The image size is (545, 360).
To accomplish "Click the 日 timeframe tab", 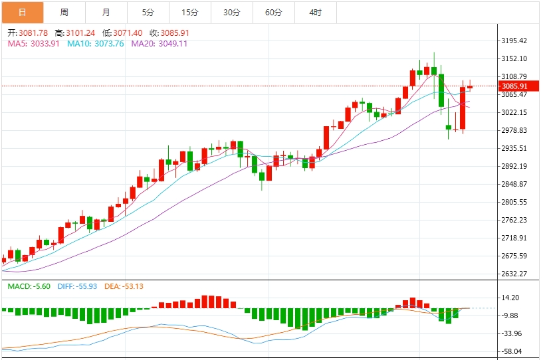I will point(22,12).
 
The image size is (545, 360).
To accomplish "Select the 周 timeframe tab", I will point(64,12).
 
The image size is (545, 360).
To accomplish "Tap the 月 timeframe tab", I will point(106,12).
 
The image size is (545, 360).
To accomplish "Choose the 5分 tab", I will point(148,12).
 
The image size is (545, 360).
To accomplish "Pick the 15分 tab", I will point(189,12).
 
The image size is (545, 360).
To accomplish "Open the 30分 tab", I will point(231,12).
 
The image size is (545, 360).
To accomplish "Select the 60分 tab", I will point(273,12).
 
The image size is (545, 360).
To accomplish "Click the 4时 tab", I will point(315,12).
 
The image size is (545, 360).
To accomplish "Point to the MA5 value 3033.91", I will point(43,44).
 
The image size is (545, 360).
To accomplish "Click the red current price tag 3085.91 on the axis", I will point(514,86).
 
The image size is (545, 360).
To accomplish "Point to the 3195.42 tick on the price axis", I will point(514,41).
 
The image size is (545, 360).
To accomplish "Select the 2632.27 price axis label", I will point(514,274).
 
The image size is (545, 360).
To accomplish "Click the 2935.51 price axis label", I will point(514,148).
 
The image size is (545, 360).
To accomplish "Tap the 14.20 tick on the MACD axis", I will point(511,298).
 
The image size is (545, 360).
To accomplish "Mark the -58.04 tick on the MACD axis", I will point(511,351).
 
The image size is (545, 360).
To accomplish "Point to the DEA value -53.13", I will point(129,286).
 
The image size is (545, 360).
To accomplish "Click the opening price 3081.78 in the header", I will point(34,33).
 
